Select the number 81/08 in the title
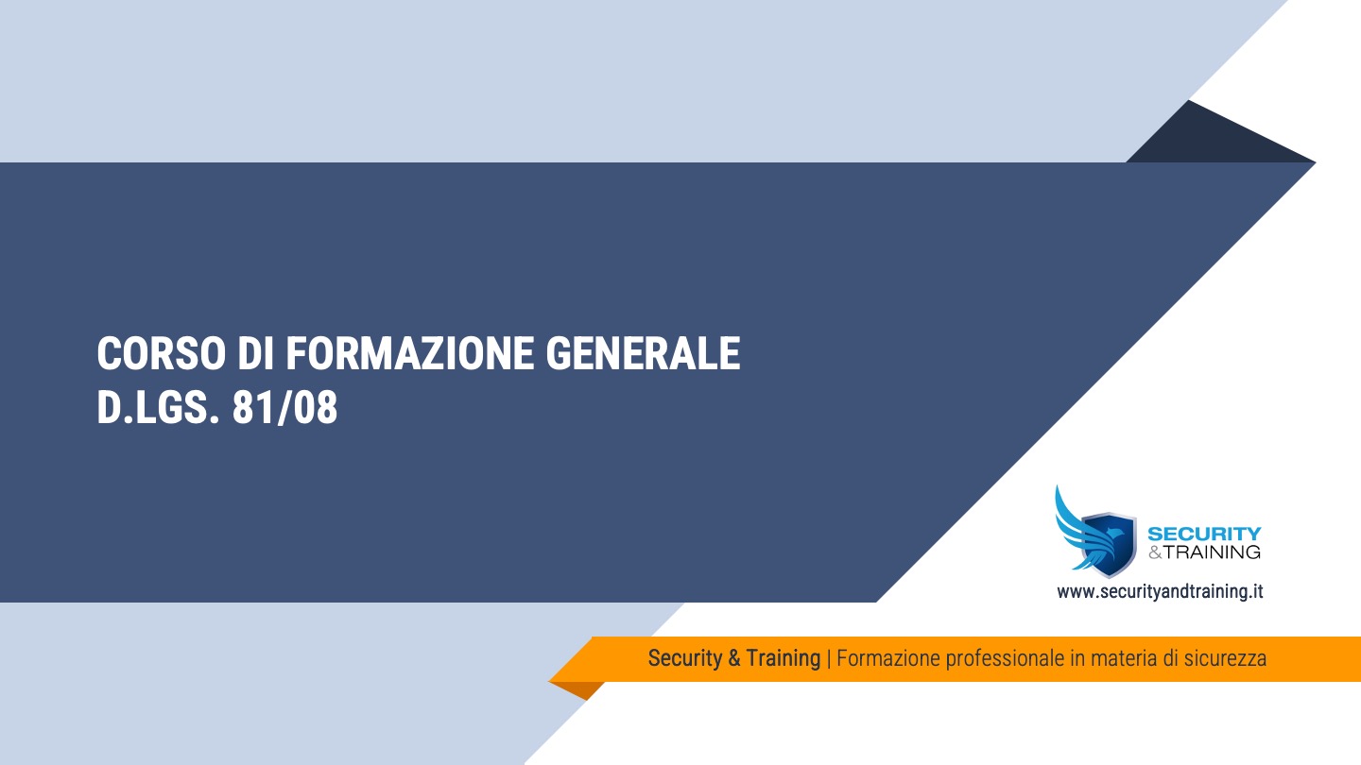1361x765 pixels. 284,409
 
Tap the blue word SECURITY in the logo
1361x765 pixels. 1203,535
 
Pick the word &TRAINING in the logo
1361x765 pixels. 1203,552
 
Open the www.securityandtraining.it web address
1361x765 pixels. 1160,592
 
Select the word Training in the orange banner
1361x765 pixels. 784,658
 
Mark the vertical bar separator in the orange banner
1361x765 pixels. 829,658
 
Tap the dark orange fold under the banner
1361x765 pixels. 578,689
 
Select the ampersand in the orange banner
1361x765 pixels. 734,658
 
